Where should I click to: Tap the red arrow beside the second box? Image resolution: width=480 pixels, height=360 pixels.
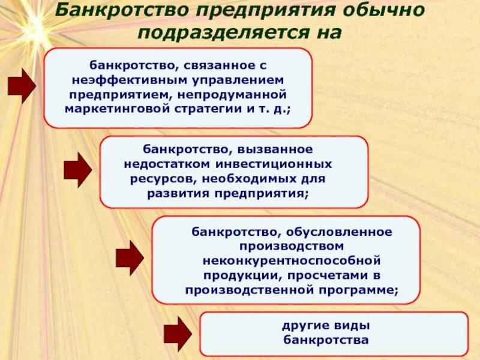[x=77, y=170]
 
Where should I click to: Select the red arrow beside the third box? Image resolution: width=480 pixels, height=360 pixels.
[x=130, y=258]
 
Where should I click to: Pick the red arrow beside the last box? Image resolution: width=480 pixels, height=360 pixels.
[x=178, y=334]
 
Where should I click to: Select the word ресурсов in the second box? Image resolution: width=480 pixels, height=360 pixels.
[x=163, y=179]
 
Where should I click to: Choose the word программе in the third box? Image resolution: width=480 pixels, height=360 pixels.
[x=359, y=290]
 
